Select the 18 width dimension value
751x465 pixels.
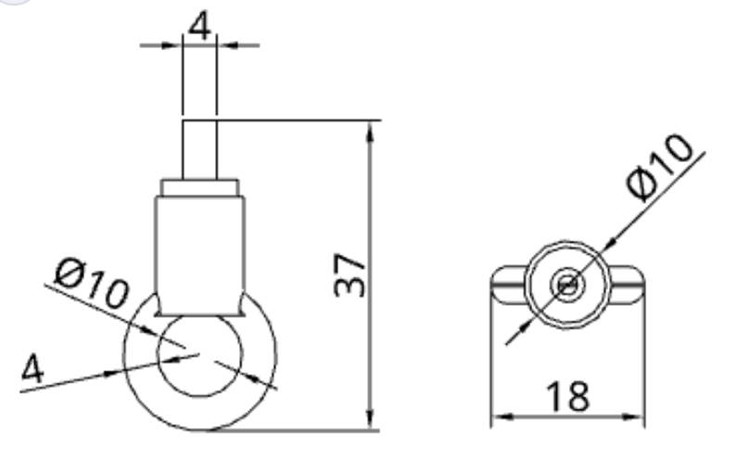click(x=566, y=396)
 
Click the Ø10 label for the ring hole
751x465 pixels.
click(x=90, y=284)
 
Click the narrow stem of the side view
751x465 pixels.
click(x=199, y=148)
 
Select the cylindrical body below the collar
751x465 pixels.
click(x=199, y=245)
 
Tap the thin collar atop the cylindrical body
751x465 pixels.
click(x=201, y=187)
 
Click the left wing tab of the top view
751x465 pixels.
click(x=506, y=285)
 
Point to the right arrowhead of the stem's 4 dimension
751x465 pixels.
click(x=225, y=44)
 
